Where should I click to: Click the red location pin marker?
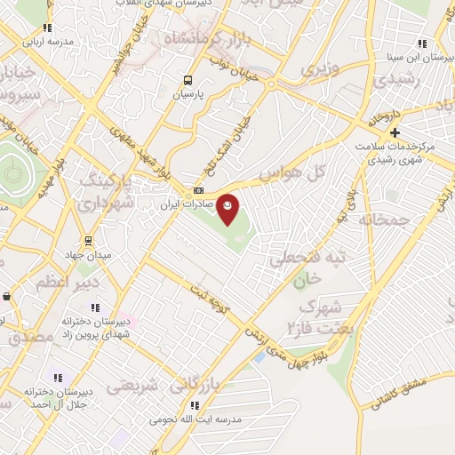click(228, 208)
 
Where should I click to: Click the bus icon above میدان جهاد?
click(88, 240)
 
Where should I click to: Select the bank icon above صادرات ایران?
click(199, 190)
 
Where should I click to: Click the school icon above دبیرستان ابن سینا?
click(423, 43)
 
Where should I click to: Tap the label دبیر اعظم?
click(60, 282)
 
